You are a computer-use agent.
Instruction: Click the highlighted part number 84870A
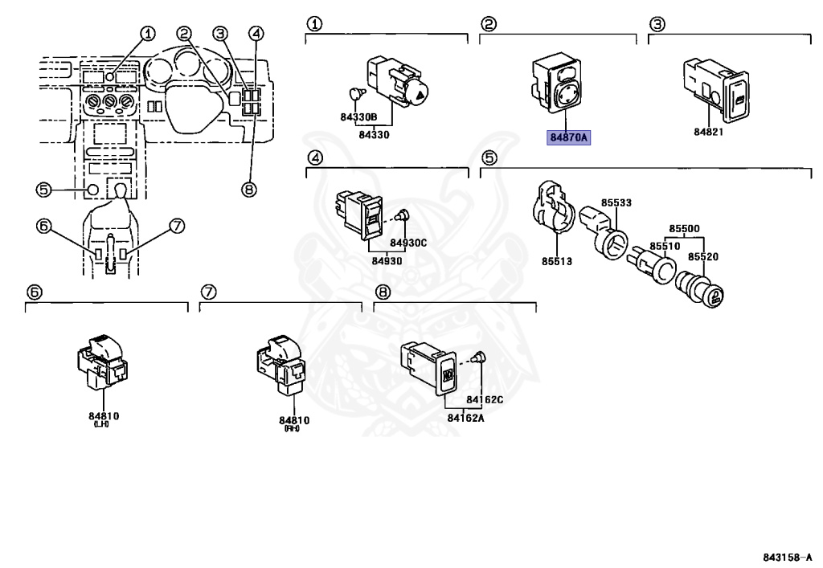point(569,138)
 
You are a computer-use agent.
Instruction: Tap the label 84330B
point(358,117)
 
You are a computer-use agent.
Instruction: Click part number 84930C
point(408,243)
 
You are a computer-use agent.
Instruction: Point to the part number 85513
point(556,261)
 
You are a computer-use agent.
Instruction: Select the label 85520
point(702,256)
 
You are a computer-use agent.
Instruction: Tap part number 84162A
point(465,417)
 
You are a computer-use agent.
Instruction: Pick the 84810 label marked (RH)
point(294,420)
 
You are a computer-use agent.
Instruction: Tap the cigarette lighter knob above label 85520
point(706,292)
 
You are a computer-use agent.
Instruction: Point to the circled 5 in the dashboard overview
point(43,190)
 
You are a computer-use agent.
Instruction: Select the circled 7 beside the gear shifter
point(178,227)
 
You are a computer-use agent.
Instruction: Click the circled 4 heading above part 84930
point(315,159)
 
